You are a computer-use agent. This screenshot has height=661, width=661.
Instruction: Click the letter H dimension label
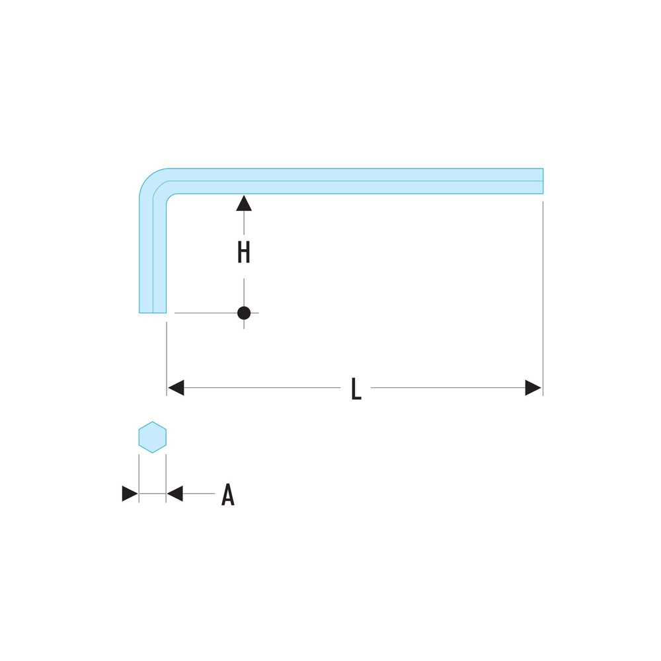tap(244, 253)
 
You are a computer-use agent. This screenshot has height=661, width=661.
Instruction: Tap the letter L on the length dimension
tap(356, 389)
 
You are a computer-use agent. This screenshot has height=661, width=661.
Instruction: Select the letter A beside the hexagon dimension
tap(227, 494)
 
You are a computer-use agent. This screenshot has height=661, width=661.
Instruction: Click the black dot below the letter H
tap(244, 313)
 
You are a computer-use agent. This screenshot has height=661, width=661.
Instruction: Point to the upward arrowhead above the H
tap(244, 203)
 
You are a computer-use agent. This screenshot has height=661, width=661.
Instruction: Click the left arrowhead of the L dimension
tap(175, 388)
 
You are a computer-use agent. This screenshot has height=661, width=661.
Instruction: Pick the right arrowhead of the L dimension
tap(533, 388)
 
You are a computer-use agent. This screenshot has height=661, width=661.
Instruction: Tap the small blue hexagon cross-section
tap(152, 437)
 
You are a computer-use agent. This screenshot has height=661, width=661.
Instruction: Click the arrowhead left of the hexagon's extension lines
tap(130, 494)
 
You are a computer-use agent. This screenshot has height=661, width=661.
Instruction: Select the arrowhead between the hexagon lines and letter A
tap(175, 494)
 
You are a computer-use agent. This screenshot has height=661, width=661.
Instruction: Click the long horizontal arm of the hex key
tap(357, 181)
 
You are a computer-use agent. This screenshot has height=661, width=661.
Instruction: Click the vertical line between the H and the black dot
tap(244, 291)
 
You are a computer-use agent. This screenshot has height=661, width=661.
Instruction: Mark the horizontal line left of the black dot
tap(205, 313)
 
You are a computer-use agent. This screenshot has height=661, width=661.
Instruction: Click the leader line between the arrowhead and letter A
tap(198, 494)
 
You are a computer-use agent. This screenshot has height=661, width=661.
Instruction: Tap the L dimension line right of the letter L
tap(449, 388)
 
